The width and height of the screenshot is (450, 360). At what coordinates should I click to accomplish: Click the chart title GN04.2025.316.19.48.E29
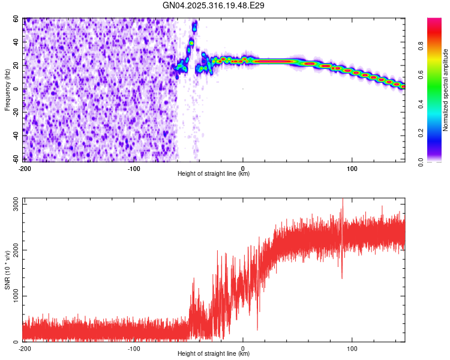point(214,5)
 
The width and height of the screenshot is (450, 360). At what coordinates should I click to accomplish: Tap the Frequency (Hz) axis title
point(7,90)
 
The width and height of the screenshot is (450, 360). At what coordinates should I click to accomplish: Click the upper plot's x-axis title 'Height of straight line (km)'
point(214,174)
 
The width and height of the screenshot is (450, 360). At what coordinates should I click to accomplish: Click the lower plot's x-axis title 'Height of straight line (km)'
point(214,354)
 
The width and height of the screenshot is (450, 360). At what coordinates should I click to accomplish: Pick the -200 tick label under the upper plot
point(25,168)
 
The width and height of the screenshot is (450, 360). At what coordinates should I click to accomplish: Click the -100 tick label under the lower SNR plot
point(134,348)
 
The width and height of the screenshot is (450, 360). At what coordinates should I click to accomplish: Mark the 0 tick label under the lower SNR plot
point(243,348)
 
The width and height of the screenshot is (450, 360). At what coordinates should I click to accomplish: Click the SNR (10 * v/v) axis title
point(7,273)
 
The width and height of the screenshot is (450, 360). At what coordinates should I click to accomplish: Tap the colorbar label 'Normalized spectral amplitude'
point(446,90)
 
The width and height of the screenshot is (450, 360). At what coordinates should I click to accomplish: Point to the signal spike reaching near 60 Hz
point(194,26)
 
